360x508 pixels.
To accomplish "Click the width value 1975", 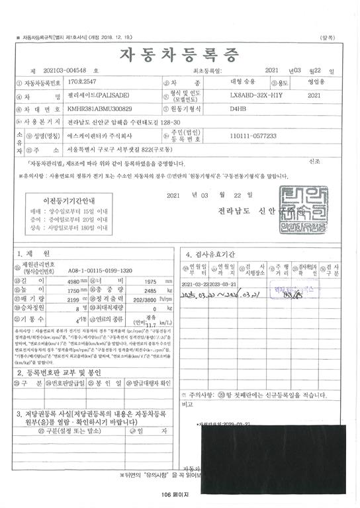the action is (x=146, y=281).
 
